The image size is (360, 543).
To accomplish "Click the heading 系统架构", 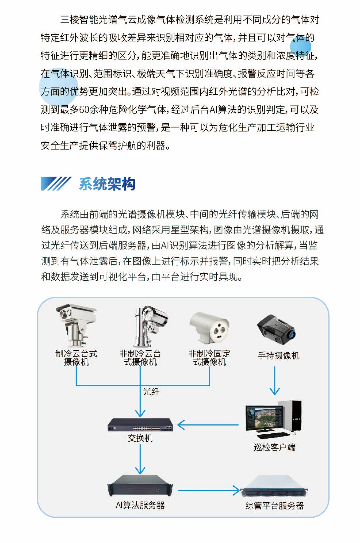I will click(x=107, y=184).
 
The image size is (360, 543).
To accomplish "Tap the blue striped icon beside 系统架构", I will click(x=56, y=184).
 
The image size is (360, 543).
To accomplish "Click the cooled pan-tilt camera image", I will click(x=76, y=325).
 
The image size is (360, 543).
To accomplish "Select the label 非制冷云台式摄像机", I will click(x=140, y=358).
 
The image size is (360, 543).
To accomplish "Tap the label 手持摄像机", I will click(x=279, y=356).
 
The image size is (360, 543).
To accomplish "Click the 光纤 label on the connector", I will click(x=151, y=391).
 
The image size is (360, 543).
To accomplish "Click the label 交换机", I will click(x=140, y=438).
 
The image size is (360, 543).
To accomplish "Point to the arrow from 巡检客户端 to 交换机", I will click(x=208, y=425).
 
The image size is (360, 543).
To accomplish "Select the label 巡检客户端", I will click(x=275, y=447).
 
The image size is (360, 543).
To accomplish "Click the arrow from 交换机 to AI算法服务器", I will click(x=140, y=459).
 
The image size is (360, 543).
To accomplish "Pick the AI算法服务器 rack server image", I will click(x=140, y=486).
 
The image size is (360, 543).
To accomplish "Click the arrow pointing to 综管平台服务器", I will click(x=209, y=490).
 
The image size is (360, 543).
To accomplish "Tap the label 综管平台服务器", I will click(x=275, y=506).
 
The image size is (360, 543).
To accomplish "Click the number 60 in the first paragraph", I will click(x=84, y=110).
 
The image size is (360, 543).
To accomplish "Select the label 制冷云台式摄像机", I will click(x=76, y=358).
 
